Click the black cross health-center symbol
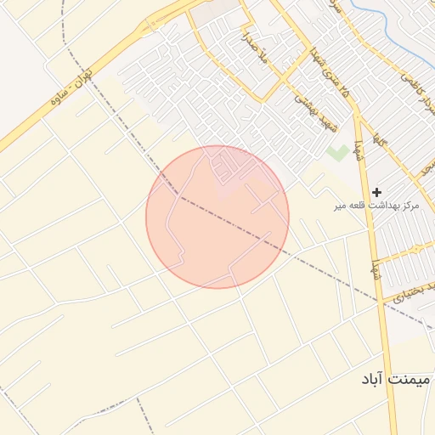(377, 192)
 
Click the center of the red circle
(217, 217)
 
